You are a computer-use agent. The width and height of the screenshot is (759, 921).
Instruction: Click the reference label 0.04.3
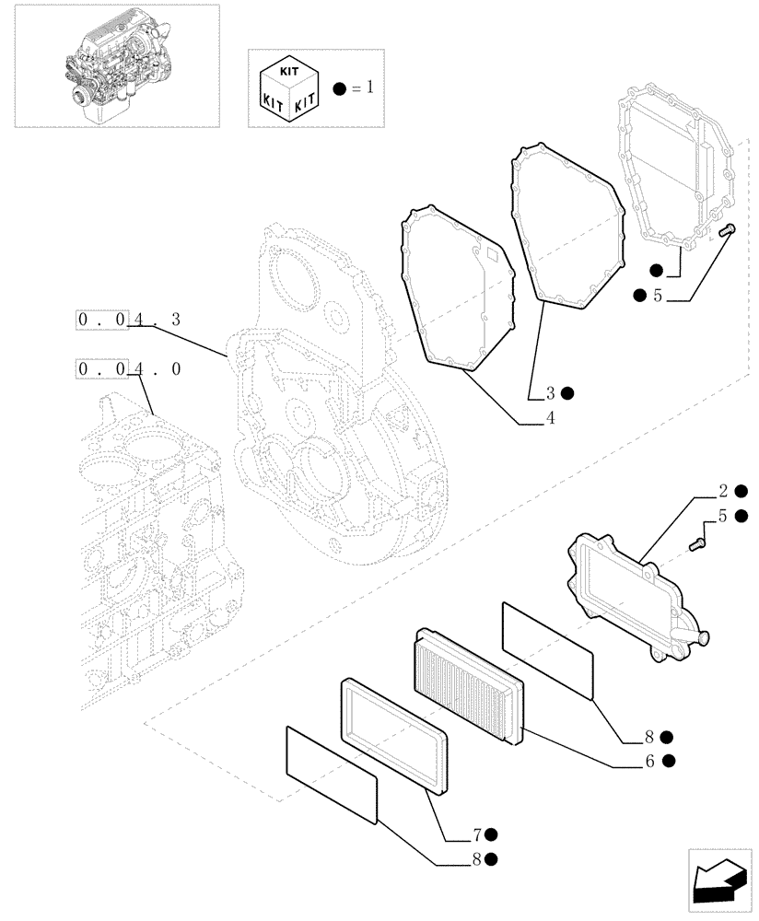click(x=130, y=320)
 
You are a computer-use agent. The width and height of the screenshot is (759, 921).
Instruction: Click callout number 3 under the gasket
click(x=550, y=393)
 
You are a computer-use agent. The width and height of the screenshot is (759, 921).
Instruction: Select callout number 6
click(x=649, y=761)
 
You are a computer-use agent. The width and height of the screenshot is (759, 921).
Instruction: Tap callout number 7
click(x=477, y=835)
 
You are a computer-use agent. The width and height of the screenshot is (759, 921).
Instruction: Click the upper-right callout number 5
click(x=658, y=296)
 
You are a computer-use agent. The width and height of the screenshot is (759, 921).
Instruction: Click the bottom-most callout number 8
click(x=477, y=859)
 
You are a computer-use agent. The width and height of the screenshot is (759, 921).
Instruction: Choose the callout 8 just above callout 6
click(x=649, y=737)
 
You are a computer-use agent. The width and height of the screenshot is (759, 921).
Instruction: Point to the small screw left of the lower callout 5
click(x=697, y=543)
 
